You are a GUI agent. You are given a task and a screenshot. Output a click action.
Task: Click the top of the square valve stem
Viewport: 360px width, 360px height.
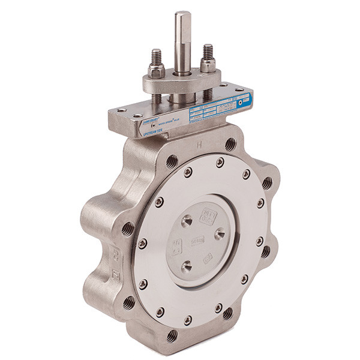tap(182, 14)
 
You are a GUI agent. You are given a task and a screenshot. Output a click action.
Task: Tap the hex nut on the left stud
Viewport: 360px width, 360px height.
tap(157, 71)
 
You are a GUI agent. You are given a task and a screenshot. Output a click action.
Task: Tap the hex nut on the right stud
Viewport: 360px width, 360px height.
tap(208, 64)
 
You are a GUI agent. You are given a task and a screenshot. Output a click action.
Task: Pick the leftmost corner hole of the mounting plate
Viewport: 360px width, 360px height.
tap(113, 112)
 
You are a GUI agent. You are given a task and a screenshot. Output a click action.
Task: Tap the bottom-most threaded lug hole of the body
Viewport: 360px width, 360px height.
tap(173, 335)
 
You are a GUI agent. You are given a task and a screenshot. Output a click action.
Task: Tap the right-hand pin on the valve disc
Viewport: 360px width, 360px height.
tap(220, 233)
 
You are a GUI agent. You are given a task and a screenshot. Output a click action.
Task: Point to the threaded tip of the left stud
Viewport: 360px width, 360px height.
tap(157, 53)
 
